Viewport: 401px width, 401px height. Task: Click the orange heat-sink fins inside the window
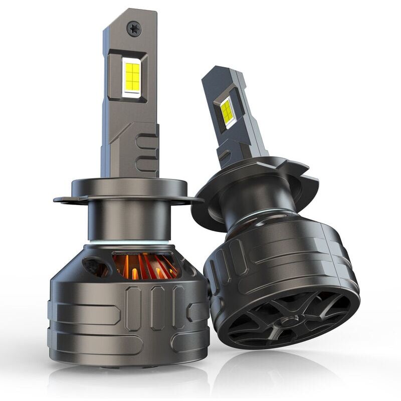click(145, 266)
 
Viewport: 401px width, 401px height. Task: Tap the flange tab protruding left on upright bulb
click(64, 199)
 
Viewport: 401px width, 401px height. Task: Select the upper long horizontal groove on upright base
click(85, 314)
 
